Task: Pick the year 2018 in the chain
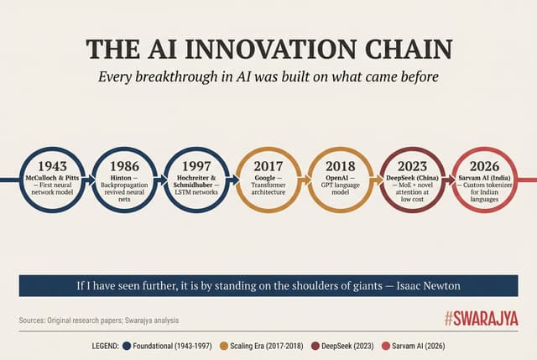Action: click(x=340, y=165)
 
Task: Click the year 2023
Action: click(x=413, y=165)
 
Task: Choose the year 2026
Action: click(x=486, y=165)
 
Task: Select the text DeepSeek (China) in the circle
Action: click(x=413, y=178)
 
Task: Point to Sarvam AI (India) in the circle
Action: click(x=486, y=178)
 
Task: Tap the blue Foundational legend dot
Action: click(x=126, y=345)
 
